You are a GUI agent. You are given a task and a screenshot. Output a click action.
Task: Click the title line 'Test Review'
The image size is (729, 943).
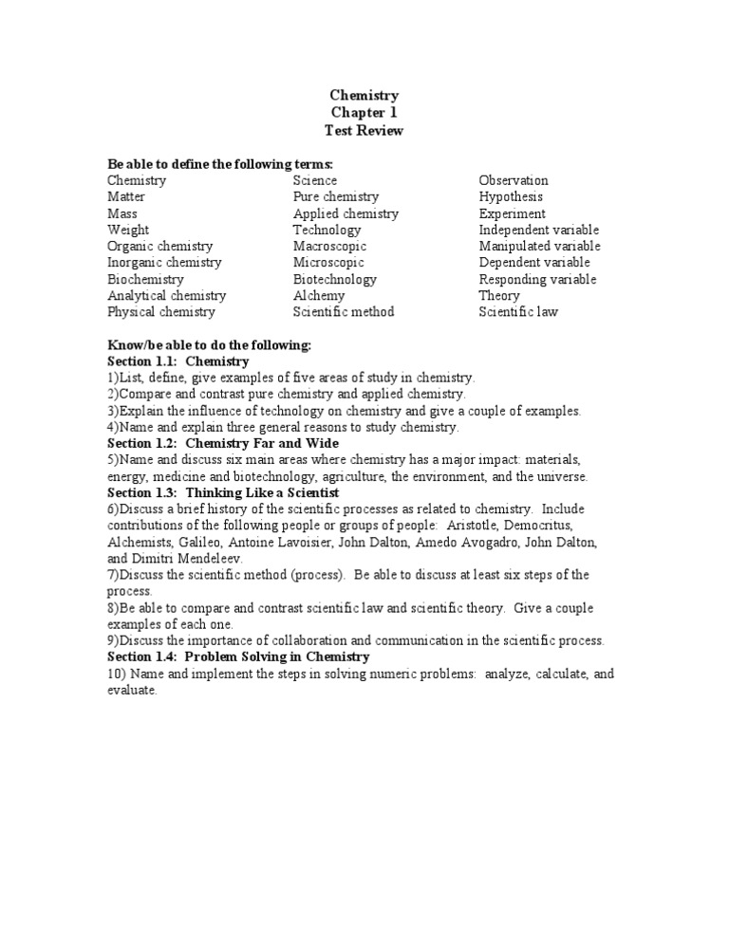364,131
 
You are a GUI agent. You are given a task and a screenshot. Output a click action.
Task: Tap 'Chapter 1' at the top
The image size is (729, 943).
364,113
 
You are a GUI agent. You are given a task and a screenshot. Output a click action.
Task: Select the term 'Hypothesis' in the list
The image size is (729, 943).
511,196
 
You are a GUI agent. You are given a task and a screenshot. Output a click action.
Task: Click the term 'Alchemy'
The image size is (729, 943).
319,295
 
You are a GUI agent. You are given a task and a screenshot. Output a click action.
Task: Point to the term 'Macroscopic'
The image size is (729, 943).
328,246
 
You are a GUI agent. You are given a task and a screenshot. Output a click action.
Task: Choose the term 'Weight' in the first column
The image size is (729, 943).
128,230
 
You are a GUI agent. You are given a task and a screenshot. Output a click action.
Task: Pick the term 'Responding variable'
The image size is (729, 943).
537,279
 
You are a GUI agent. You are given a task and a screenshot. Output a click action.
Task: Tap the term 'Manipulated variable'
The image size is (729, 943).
539,246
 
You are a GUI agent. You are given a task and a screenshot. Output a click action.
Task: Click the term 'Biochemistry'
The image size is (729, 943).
145,279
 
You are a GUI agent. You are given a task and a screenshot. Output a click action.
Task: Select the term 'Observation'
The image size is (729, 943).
514,180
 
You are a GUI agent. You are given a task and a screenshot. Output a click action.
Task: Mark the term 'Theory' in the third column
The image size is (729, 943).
499,295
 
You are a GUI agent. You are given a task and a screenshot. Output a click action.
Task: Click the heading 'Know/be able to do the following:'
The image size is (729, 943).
209,344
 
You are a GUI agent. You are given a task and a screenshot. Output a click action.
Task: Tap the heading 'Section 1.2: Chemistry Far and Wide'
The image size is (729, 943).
223,443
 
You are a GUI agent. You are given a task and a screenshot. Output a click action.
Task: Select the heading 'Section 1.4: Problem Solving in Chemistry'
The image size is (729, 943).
238,656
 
